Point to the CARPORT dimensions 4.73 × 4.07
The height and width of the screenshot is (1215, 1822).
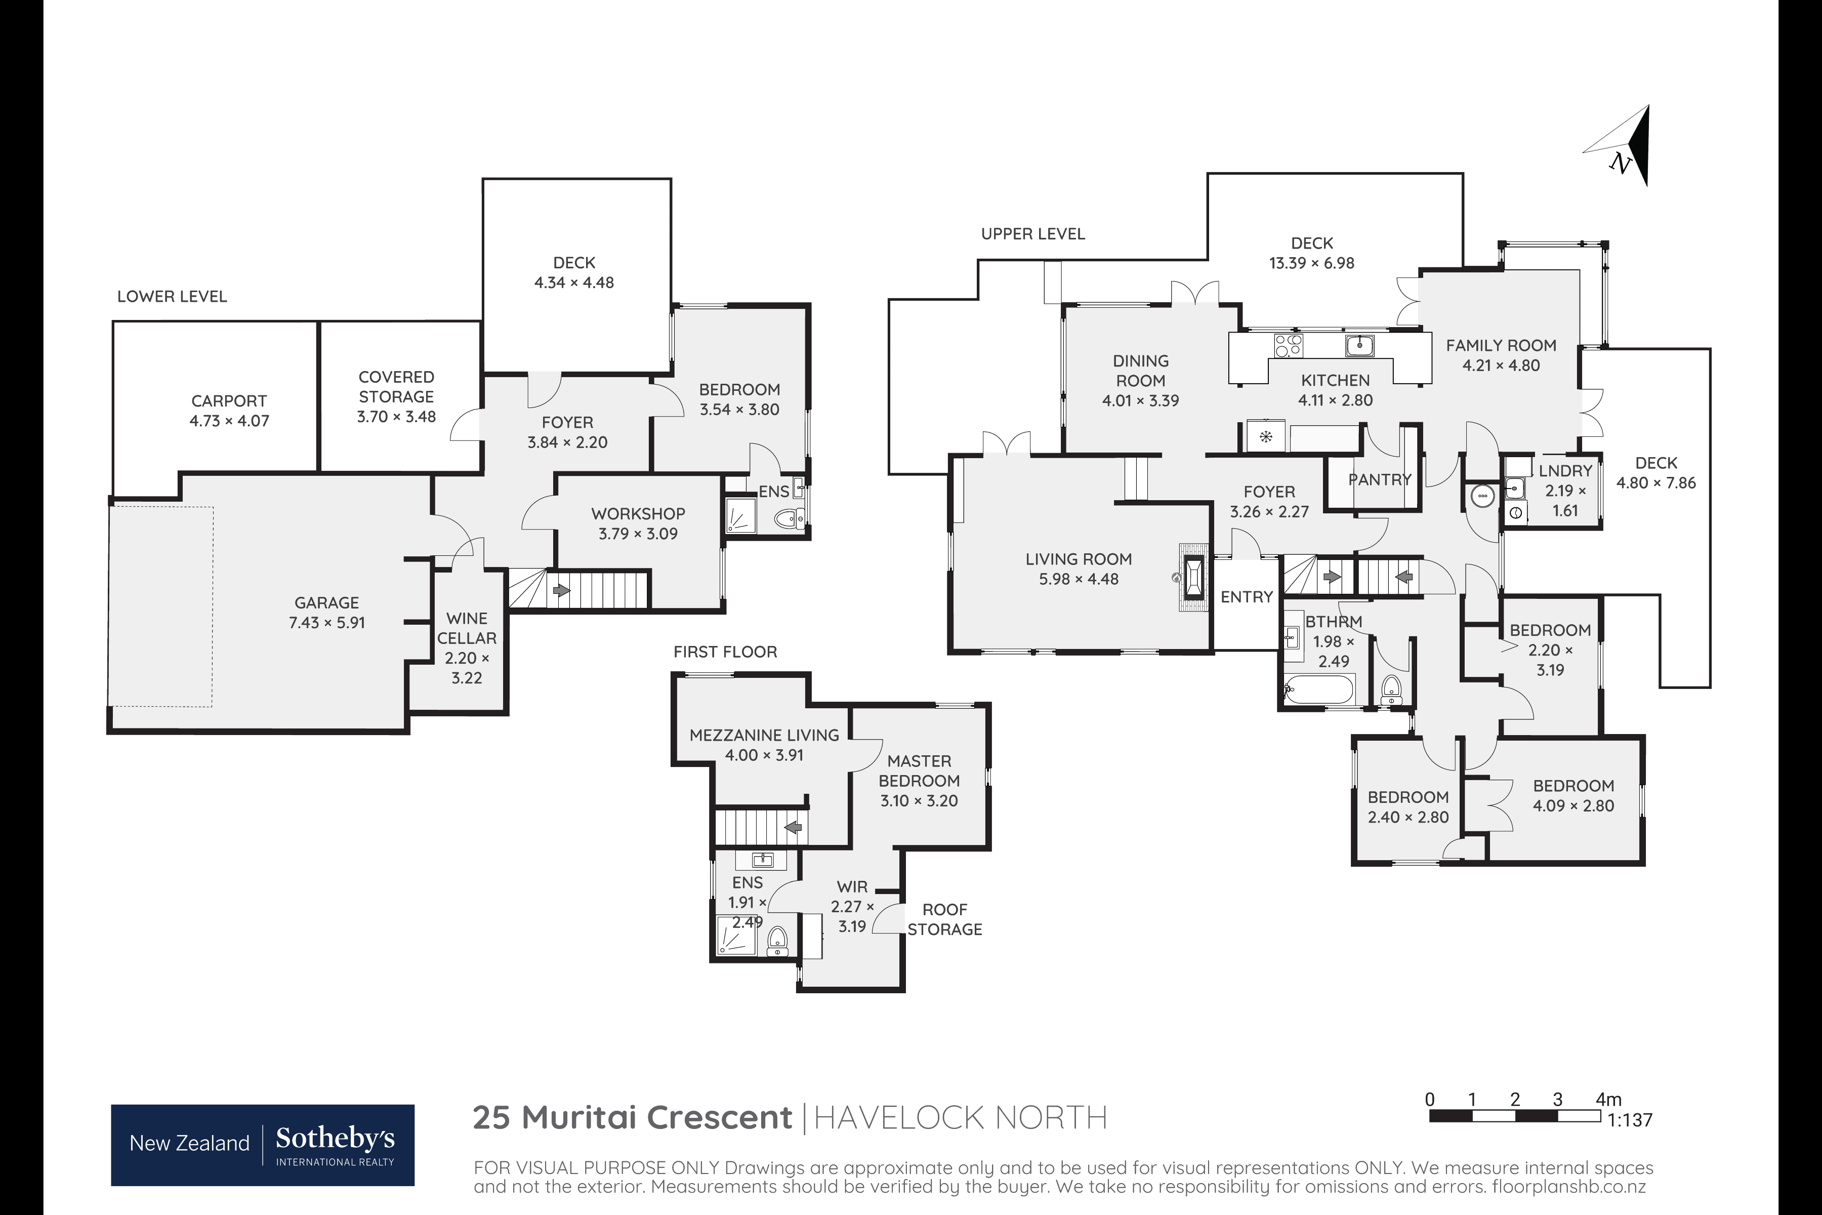(x=229, y=421)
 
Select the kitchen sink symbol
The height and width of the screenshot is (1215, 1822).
(x=1359, y=345)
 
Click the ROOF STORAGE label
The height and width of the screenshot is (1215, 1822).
(x=944, y=919)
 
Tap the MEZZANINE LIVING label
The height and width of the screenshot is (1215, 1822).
(x=764, y=735)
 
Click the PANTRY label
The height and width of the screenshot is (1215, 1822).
(x=1380, y=479)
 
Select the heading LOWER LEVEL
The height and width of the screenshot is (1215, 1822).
(x=172, y=296)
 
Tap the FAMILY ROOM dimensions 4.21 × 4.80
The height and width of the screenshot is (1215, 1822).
(x=1501, y=365)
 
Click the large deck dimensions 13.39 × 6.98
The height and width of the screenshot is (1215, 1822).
(x=1311, y=263)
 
